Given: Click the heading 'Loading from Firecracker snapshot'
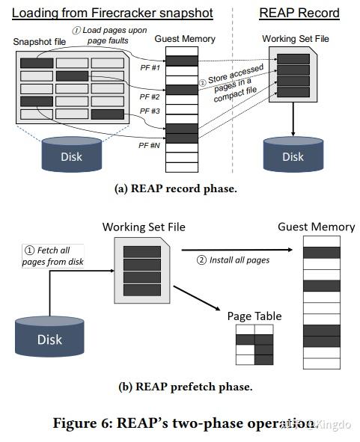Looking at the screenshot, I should click(x=112, y=13).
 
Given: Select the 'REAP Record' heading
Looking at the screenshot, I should click(x=299, y=13).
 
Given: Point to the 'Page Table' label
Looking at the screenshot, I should click(x=254, y=316).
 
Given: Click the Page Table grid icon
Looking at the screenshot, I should click(x=254, y=345).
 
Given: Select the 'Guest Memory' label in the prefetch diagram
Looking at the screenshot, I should click(x=316, y=227).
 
